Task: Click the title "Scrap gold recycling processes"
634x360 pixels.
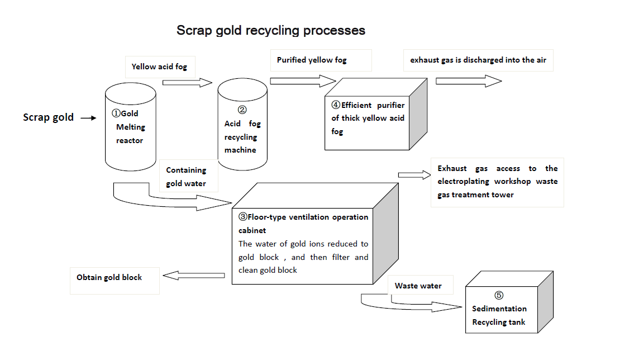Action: point(271,30)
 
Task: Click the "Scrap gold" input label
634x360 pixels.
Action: point(48,117)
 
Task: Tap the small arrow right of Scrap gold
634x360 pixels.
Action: point(88,118)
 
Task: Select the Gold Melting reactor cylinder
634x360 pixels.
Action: point(131,127)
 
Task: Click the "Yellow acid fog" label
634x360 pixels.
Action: point(159,67)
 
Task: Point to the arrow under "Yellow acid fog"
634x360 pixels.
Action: point(187,83)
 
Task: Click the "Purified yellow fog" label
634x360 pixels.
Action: point(312,60)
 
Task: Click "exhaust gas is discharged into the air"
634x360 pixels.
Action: point(478,60)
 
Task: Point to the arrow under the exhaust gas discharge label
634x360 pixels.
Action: point(468,81)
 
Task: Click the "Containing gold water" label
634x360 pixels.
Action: point(186,177)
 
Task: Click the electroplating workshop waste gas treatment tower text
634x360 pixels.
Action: point(497,182)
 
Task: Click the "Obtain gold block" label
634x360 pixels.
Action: point(109,278)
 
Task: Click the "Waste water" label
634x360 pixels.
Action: point(418,286)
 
